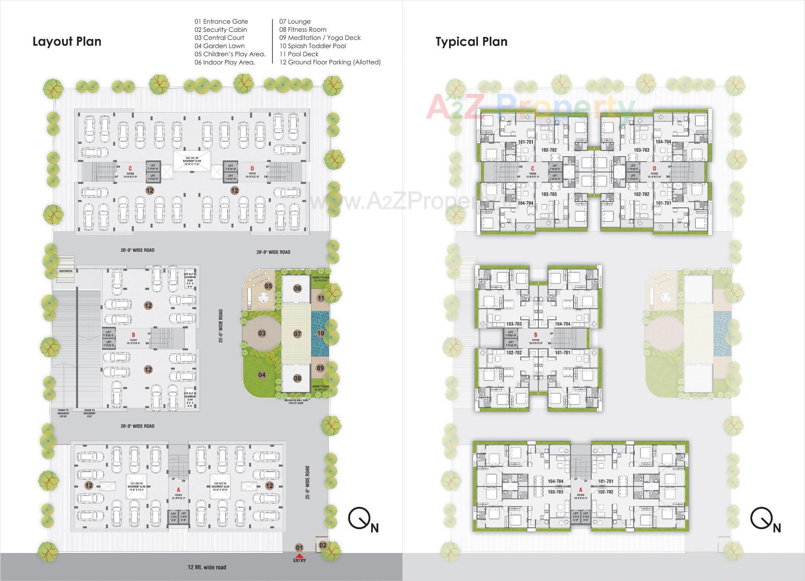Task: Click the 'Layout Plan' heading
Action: pyautogui.click(x=67, y=41)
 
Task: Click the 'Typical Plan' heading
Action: pyautogui.click(x=471, y=41)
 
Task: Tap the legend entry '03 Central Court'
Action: pyautogui.click(x=219, y=38)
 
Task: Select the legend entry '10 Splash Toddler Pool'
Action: pyautogui.click(x=313, y=46)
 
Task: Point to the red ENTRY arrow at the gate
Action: pyautogui.click(x=299, y=555)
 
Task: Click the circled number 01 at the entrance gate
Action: pyautogui.click(x=299, y=547)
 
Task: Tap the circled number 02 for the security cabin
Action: pyautogui.click(x=323, y=545)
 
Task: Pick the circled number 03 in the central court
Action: pyautogui.click(x=262, y=333)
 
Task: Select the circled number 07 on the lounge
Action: pyautogui.click(x=297, y=334)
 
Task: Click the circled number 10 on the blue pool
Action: pyautogui.click(x=321, y=333)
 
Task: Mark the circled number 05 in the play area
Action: pyautogui.click(x=269, y=286)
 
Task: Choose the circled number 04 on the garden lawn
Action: pyautogui.click(x=262, y=374)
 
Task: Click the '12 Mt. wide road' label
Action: pyautogui.click(x=207, y=567)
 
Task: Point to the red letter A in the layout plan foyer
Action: pyautogui.click(x=179, y=490)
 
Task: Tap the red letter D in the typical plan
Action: pyautogui.click(x=654, y=169)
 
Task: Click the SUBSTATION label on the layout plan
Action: pyautogui.click(x=65, y=271)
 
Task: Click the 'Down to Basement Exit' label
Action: pyautogui.click(x=89, y=413)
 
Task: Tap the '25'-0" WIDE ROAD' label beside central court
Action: pyautogui.click(x=221, y=326)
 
